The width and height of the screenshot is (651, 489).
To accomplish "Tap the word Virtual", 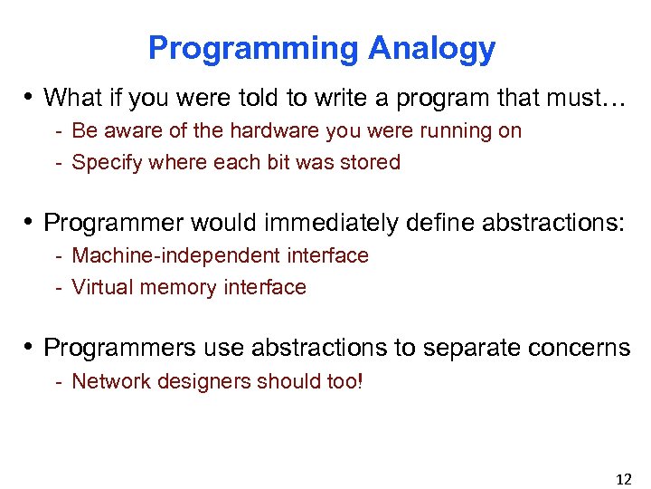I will [99, 288].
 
